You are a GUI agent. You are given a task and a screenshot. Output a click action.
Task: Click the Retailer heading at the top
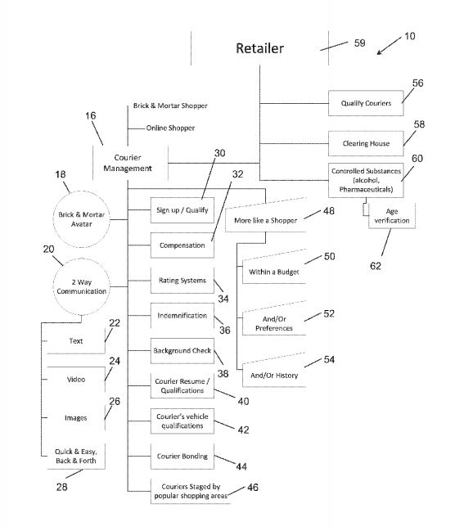[x=260, y=48]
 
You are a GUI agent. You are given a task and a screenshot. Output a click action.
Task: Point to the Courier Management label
[x=128, y=163]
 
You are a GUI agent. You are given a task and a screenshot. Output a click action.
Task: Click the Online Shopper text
[x=170, y=128]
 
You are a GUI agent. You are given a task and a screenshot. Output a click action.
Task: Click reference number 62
[x=376, y=266]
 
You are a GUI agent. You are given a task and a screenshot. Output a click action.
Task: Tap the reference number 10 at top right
[x=410, y=36]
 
